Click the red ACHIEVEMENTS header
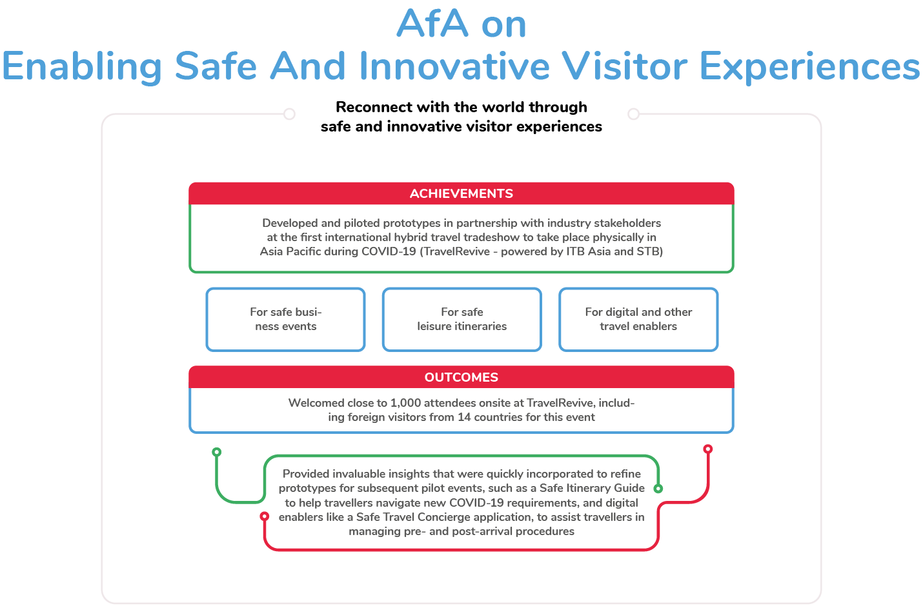(x=461, y=193)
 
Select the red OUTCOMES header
(x=461, y=377)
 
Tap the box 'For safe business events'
(x=285, y=320)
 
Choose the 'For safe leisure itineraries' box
(x=462, y=320)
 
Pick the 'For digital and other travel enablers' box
(x=638, y=320)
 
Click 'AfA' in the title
(x=432, y=23)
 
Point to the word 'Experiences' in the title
(x=809, y=66)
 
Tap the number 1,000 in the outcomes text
(x=405, y=403)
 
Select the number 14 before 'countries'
(x=464, y=417)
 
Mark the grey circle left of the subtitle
(x=289, y=113)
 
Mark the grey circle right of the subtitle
(x=633, y=113)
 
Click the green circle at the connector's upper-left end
(x=217, y=452)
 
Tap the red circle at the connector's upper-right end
(x=708, y=449)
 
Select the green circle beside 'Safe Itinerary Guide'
(x=658, y=489)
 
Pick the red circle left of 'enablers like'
(x=265, y=516)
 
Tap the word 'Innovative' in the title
(x=454, y=66)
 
